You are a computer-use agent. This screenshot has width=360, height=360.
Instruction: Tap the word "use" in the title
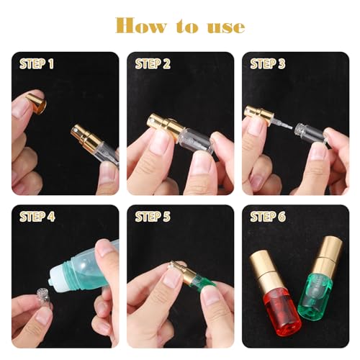pyautogui.click(x=227, y=27)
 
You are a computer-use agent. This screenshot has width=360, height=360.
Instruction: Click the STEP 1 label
pyautogui.click(x=36, y=63)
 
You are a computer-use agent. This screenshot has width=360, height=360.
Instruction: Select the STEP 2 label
pyautogui.click(x=152, y=63)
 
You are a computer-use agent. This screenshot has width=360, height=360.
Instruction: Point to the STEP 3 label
pyautogui.click(x=268, y=63)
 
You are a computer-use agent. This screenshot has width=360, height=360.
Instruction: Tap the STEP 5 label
pyautogui.click(x=152, y=217)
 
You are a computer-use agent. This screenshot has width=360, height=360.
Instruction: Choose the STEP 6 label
pyautogui.click(x=268, y=217)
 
